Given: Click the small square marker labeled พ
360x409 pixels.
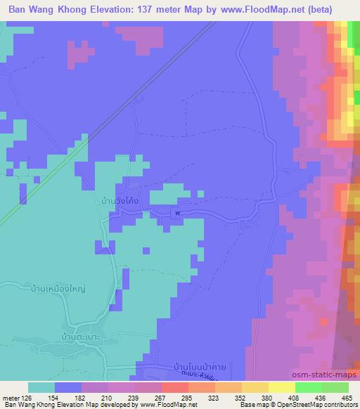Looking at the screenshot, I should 178,213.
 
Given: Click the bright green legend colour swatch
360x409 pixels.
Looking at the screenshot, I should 309,387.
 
